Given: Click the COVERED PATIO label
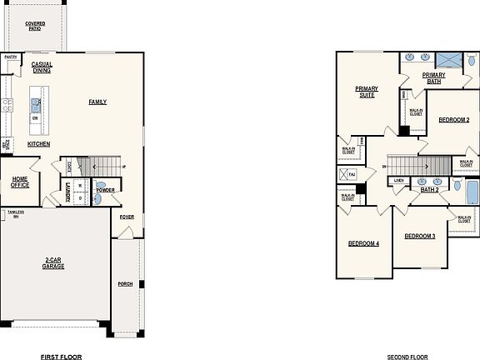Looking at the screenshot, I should coord(35,27).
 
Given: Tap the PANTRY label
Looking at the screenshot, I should coord(11,57).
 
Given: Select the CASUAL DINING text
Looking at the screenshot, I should coord(42,67).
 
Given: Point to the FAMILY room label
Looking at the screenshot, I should coord(98,102).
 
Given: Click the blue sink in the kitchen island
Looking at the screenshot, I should coord(36,104).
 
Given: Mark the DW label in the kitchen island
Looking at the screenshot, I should coord(35,118).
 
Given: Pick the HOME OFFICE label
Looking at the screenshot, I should coord(20,182).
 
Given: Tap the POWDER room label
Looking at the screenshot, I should coord(105,190).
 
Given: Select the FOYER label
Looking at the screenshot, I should coord(126,217).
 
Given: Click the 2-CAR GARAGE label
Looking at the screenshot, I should coord(53,262).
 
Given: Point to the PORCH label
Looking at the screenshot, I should coord(126,282).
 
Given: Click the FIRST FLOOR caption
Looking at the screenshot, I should coord(62,356).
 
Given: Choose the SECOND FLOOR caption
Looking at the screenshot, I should coord(407,356).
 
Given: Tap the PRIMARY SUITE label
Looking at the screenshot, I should coord(366,92).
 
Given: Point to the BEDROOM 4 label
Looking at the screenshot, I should coord(363,243).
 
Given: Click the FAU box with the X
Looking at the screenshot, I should coord(347,174).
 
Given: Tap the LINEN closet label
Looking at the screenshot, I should coord(399,180).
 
